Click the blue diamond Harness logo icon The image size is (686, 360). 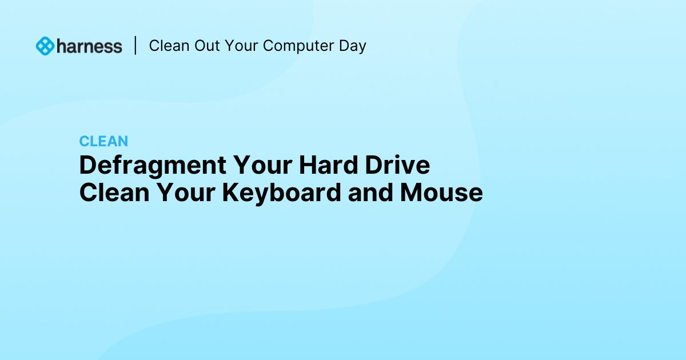click(45, 46)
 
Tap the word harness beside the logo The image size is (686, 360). click(90, 46)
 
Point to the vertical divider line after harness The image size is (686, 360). click(135, 46)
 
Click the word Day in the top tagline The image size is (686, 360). click(352, 46)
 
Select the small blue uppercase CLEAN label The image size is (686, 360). click(103, 141)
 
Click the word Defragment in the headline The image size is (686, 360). click(152, 166)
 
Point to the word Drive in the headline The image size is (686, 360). click(397, 166)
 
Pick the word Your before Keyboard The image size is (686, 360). click(186, 193)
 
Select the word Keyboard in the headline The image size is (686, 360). click(281, 193)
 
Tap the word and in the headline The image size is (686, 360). click(371, 193)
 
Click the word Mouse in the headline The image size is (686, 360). click(441, 193)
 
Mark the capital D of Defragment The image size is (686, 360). click(87, 166)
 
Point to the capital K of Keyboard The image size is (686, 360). click(230, 193)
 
